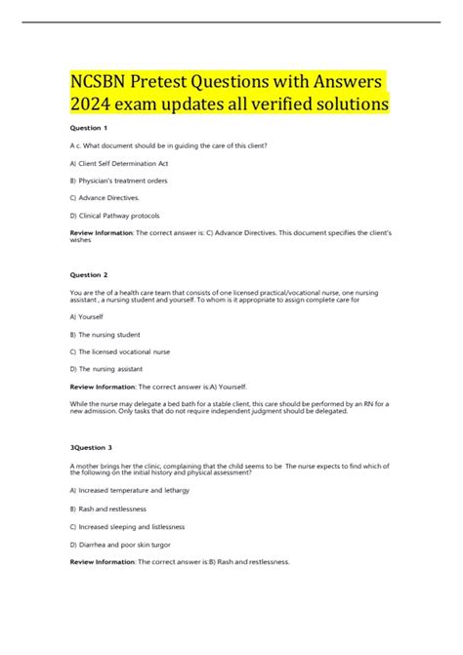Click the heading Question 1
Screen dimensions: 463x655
89,128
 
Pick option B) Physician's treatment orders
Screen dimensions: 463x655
119,180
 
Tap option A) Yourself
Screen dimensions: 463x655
88,316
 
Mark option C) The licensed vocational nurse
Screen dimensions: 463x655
120,350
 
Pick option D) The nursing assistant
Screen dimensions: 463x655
106,368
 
